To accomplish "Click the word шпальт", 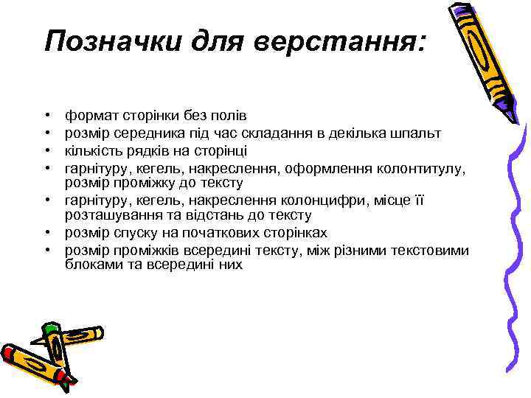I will coord(416,133).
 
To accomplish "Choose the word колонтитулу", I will coord(423,168).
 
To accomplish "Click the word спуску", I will coord(138,232).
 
